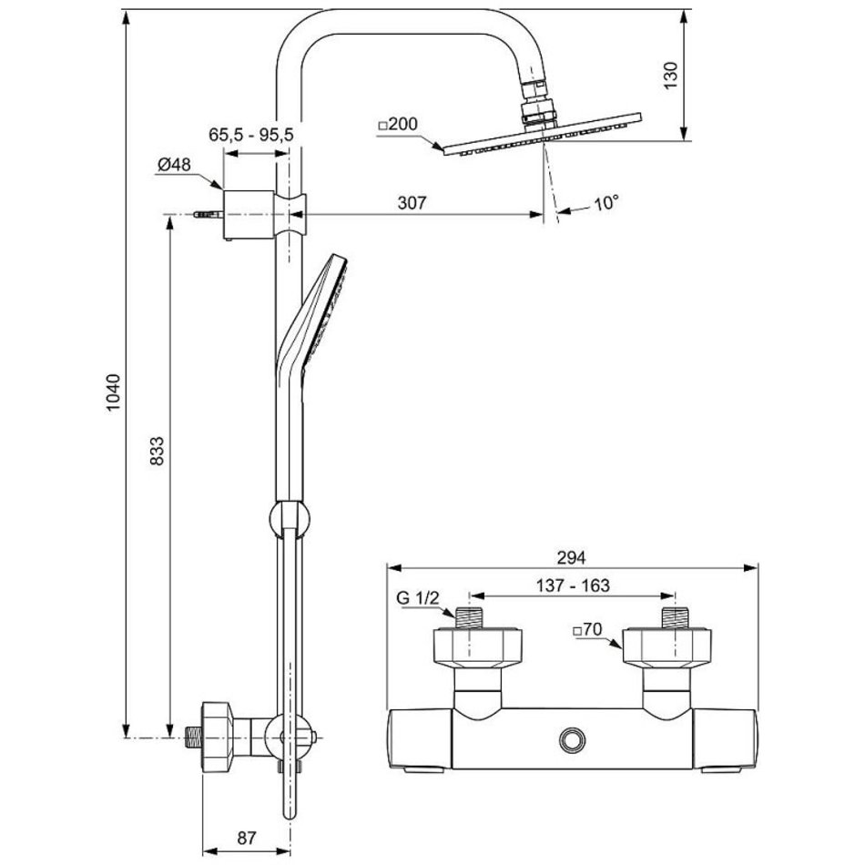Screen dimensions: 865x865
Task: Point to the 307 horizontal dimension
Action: [412, 201]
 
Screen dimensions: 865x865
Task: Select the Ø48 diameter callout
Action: [173, 164]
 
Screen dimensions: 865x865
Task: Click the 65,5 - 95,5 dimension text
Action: [250, 134]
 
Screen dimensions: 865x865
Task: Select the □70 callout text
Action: [590, 629]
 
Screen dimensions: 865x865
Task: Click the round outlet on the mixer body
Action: [573, 738]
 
